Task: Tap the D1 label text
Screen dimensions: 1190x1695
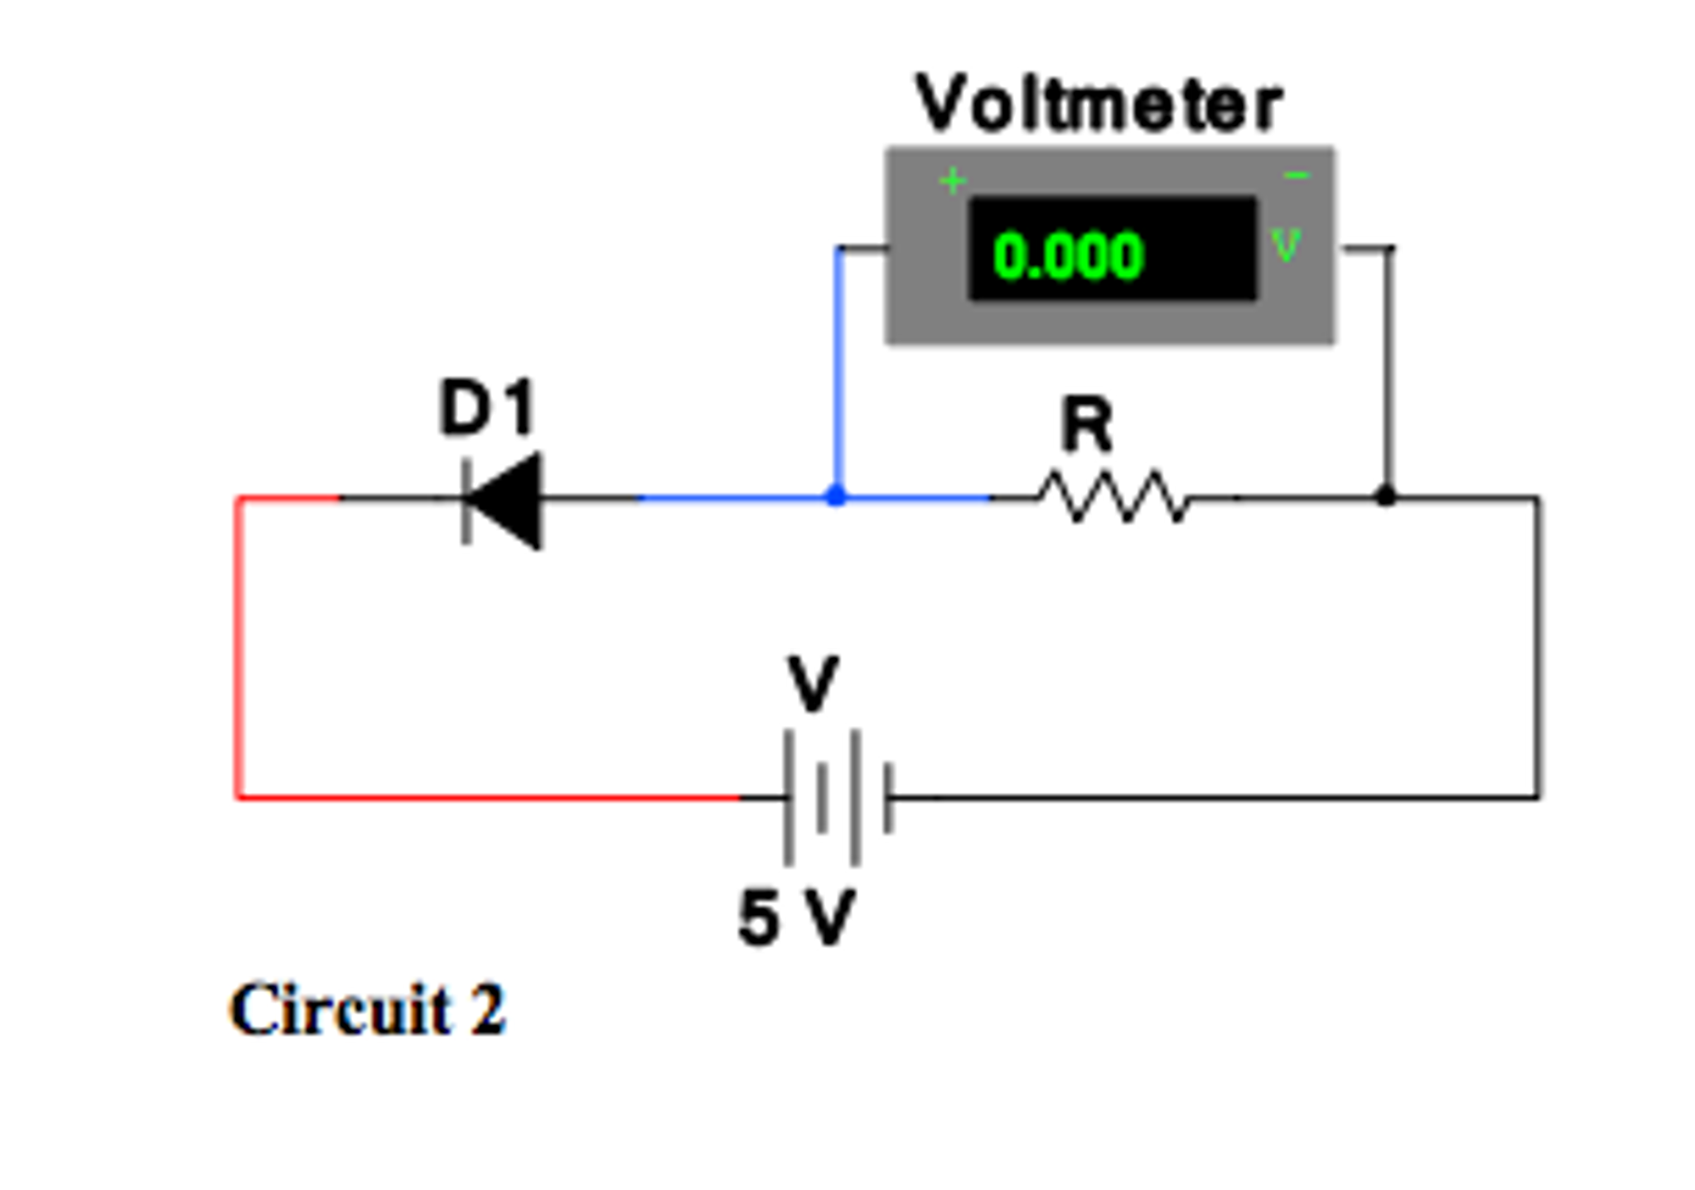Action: (487, 407)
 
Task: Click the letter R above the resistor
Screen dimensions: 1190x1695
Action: (1086, 424)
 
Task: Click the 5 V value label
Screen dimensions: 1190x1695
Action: (795, 918)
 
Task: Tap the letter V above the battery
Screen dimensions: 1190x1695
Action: (813, 684)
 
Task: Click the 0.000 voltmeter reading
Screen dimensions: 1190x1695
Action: (1068, 256)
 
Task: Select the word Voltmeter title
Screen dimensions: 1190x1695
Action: (1099, 104)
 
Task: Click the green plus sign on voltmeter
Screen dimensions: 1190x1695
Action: (953, 180)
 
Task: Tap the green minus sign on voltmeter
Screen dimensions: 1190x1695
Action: (1296, 176)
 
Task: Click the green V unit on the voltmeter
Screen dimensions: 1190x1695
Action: (1286, 245)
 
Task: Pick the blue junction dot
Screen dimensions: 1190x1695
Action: (837, 496)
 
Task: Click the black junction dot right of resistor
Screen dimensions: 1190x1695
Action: (1385, 496)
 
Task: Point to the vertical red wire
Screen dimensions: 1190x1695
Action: (239, 646)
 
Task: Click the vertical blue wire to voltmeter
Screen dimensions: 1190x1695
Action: (839, 373)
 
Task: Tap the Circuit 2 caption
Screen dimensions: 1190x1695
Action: (366, 1010)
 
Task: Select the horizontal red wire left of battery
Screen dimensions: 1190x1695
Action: (489, 798)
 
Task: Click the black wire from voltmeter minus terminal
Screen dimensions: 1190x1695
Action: (1389, 365)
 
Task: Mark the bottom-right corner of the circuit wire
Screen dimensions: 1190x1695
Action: (1538, 797)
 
